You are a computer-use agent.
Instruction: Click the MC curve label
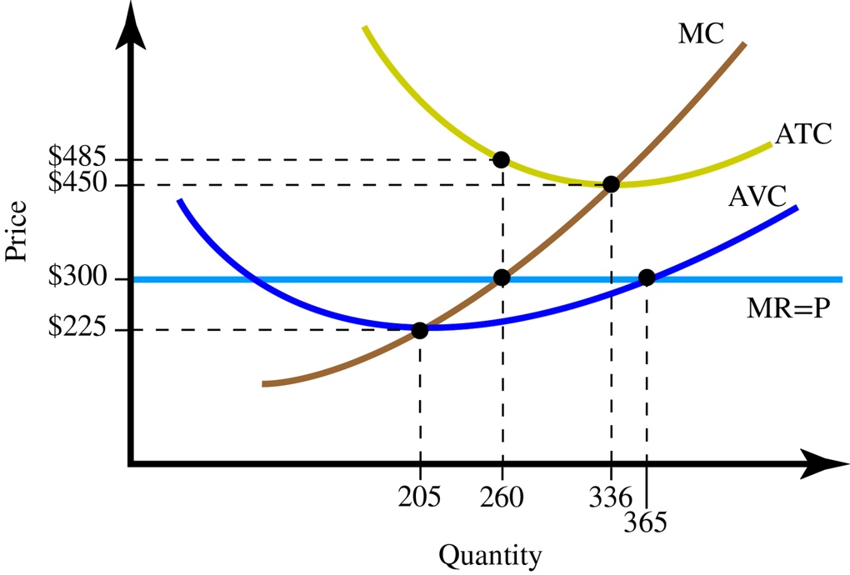tap(701, 33)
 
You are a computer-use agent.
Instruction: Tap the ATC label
tap(802, 134)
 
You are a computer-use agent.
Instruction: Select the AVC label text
tap(757, 197)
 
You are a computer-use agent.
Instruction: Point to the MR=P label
tap(788, 309)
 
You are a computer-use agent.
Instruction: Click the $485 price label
tap(77, 156)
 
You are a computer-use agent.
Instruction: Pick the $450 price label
tap(77, 182)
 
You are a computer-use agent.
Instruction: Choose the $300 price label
tap(77, 277)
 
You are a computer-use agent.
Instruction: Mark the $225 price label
tap(77, 328)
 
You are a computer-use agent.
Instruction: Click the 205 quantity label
tap(419, 497)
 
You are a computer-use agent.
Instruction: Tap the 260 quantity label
tap(502, 497)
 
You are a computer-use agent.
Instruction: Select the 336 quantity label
tap(612, 497)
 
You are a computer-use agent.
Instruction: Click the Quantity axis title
tap(490, 555)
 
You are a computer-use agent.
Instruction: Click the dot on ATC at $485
tap(501, 159)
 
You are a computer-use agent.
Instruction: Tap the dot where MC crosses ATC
tap(611, 184)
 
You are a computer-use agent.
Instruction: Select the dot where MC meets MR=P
tap(501, 278)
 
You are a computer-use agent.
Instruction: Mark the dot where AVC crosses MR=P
tap(646, 278)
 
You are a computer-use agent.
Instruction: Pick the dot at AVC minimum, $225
tap(419, 330)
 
